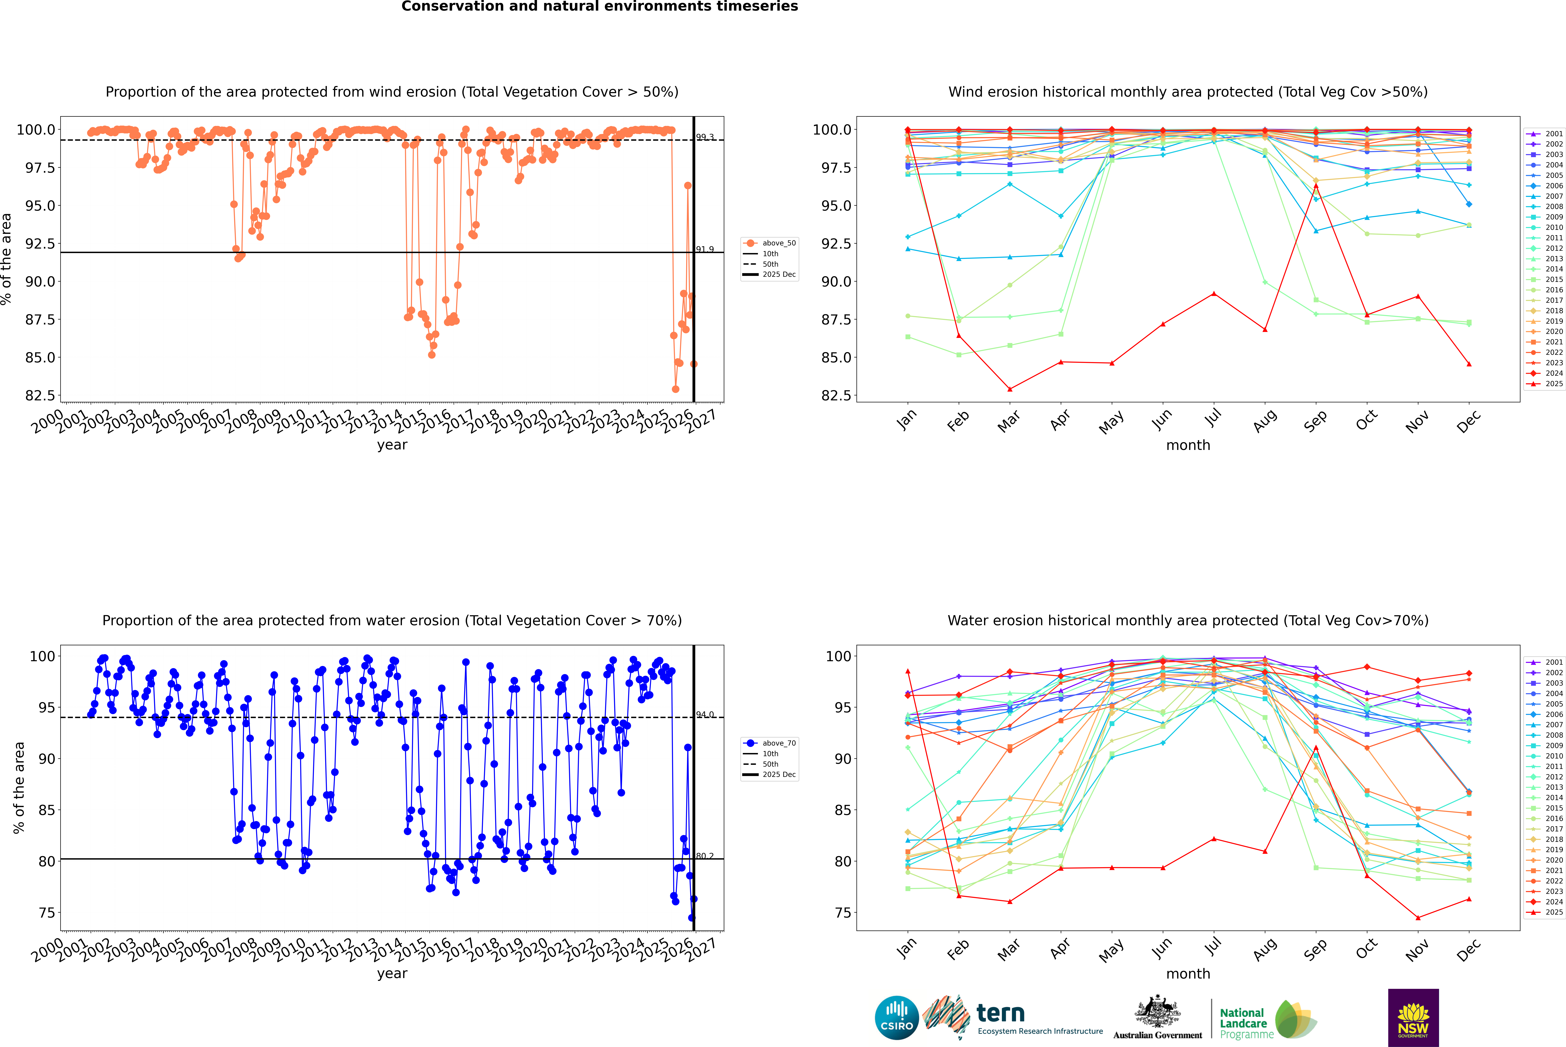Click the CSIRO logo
click(897, 1018)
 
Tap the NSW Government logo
click(1413, 1018)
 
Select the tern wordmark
click(1000, 1014)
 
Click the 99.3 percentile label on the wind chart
click(705, 137)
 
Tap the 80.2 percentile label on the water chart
click(705, 856)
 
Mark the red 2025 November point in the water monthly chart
click(1418, 917)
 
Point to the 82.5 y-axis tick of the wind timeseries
click(40, 395)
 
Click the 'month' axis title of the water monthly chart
click(1188, 974)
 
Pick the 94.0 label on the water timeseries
click(705, 714)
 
